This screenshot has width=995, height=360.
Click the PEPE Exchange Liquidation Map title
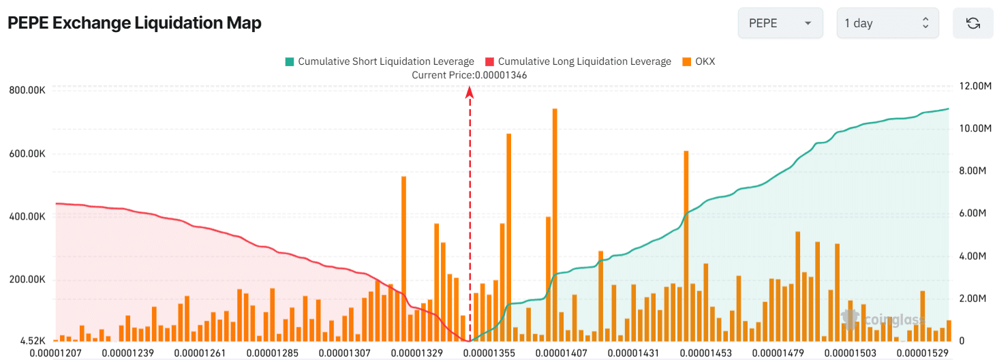click(x=134, y=22)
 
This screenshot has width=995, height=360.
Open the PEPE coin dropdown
click(x=780, y=23)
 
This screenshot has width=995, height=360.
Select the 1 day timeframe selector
click(x=887, y=23)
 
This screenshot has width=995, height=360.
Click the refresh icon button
click(x=973, y=23)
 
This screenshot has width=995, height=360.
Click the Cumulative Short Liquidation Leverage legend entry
click(x=379, y=61)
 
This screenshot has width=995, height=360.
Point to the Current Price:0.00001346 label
click(x=469, y=75)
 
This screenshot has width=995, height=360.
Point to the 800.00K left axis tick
click(x=27, y=90)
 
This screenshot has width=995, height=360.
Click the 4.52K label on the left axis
click(x=33, y=340)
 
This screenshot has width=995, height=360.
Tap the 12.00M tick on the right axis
click(x=973, y=87)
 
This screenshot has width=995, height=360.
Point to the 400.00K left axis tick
click(x=27, y=216)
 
